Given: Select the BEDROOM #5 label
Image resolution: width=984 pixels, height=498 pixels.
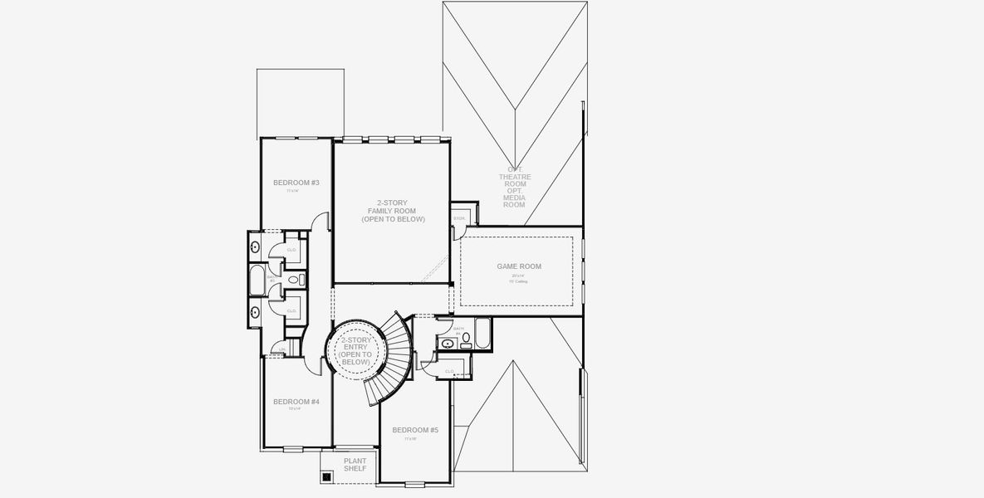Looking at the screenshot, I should [x=415, y=430].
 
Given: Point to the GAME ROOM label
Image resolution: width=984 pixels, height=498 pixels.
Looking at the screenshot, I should [x=519, y=266].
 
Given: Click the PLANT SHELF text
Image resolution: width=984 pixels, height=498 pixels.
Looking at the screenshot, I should [x=355, y=464].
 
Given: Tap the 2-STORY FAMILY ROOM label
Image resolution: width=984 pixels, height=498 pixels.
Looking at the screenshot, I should [x=393, y=211].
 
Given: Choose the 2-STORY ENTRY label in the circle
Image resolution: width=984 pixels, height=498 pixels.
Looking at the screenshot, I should [x=355, y=351].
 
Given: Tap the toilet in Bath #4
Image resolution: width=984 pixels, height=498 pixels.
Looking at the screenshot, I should [x=466, y=339].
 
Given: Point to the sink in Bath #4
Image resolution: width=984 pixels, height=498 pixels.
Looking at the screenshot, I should [x=448, y=343].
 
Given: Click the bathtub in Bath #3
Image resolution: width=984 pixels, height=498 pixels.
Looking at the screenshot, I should [x=257, y=280].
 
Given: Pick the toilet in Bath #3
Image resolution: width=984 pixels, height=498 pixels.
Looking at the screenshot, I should [x=301, y=281].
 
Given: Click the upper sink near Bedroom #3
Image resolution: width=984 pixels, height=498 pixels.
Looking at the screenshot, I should [x=255, y=247].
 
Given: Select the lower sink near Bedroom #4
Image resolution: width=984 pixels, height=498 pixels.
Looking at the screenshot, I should [x=255, y=313].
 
